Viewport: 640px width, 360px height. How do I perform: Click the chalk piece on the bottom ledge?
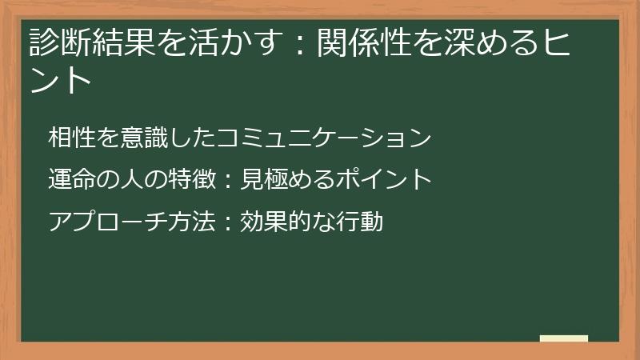tap(564, 338)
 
